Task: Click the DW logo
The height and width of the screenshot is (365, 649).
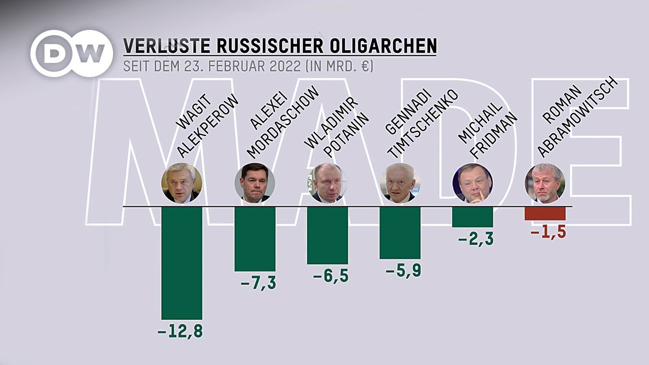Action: tap(71, 53)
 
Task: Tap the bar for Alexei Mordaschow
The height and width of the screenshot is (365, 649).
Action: tap(255, 238)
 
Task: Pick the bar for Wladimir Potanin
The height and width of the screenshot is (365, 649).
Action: tap(328, 235)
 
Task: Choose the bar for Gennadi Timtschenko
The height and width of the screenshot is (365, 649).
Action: tap(400, 233)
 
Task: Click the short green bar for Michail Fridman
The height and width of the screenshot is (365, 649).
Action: tap(473, 217)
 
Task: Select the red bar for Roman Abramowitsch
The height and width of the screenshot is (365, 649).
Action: tap(545, 213)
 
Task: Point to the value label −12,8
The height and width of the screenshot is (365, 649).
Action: tap(180, 332)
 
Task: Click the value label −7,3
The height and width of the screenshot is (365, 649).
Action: tap(258, 283)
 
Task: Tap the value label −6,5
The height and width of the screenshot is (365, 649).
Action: tap(330, 277)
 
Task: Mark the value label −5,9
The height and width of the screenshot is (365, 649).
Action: tap(403, 271)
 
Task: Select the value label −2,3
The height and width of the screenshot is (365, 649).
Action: tap(476, 239)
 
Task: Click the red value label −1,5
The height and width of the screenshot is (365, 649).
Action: tap(548, 233)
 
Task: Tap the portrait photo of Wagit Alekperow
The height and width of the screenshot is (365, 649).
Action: tap(182, 183)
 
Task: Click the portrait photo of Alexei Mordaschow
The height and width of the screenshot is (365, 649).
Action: tap(255, 183)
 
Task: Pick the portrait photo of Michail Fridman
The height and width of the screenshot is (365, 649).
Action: tap(473, 183)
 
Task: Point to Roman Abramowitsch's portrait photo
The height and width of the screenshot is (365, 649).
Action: tap(545, 183)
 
